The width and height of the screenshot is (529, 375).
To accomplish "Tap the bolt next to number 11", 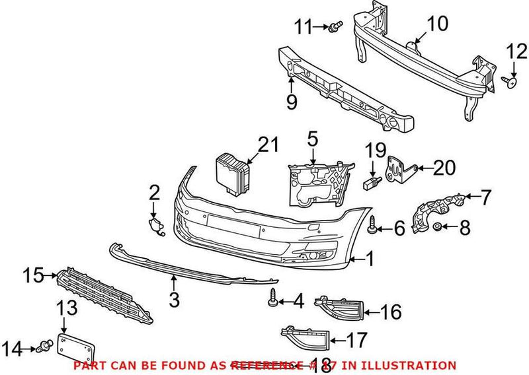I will (337, 28).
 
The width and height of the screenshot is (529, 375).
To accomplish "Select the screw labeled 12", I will (509, 81).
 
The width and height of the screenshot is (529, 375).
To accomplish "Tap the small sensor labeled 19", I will (374, 182).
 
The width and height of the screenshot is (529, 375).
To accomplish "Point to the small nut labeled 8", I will (437, 228).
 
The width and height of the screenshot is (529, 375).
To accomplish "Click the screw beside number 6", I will (373, 228).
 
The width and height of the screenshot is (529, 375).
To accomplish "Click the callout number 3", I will (174, 300).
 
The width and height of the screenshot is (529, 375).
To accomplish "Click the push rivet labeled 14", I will (46, 345).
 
